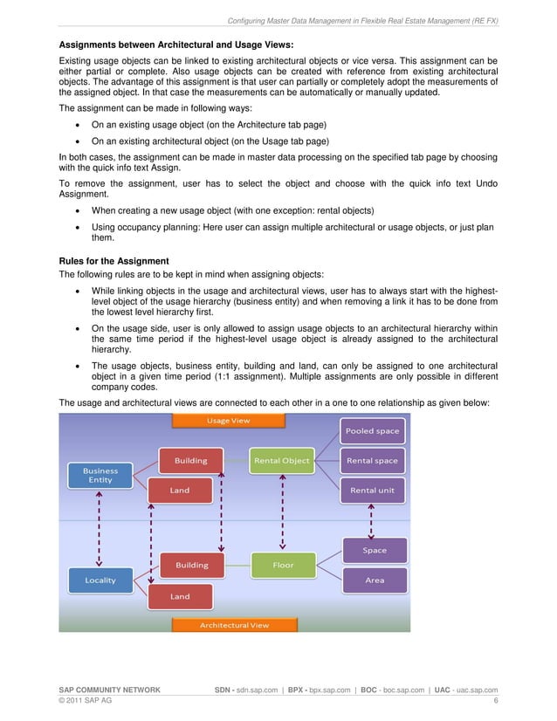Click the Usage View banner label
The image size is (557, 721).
228,421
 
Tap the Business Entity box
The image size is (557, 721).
100,476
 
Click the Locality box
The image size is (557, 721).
100,580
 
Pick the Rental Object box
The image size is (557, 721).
281,460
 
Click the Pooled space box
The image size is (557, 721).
373,431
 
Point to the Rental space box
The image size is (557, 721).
373,460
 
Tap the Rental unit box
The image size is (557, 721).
373,490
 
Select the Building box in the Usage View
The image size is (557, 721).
191,460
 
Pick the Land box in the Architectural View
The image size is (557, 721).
180,596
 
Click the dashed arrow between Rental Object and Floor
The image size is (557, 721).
281,512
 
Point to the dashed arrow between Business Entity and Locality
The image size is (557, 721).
100,527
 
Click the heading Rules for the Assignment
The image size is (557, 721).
113,260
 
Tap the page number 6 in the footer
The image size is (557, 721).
495,700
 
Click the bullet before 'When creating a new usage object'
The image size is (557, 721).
81,210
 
